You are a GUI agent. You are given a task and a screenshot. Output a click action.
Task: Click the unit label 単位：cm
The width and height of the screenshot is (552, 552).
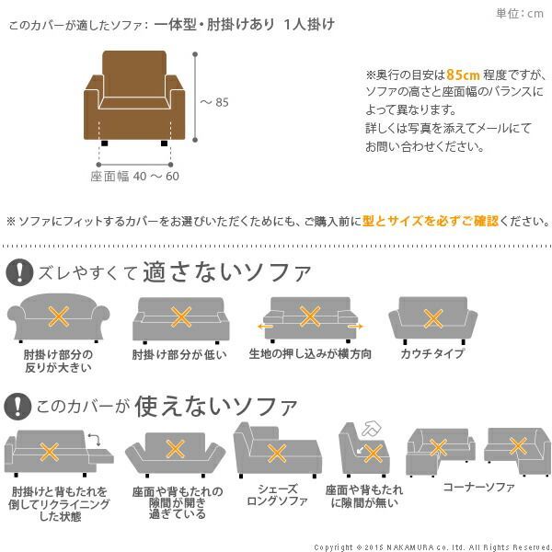[x=520, y=13]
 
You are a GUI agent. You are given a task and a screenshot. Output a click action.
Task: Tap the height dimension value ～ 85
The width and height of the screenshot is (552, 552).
[x=213, y=102]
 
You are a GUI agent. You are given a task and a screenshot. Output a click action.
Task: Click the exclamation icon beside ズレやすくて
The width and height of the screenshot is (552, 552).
[x=18, y=272]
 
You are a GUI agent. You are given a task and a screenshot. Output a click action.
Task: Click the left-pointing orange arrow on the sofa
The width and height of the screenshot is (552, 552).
[x=264, y=326]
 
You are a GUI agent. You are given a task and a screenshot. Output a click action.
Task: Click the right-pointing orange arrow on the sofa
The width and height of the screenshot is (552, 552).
[x=355, y=326]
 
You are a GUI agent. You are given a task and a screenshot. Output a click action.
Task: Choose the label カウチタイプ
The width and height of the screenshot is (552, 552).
[x=431, y=354]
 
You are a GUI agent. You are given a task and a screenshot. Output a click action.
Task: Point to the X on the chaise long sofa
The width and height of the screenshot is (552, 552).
[x=275, y=453]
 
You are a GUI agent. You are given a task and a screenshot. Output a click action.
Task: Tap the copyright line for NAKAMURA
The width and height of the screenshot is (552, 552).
[x=431, y=546]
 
